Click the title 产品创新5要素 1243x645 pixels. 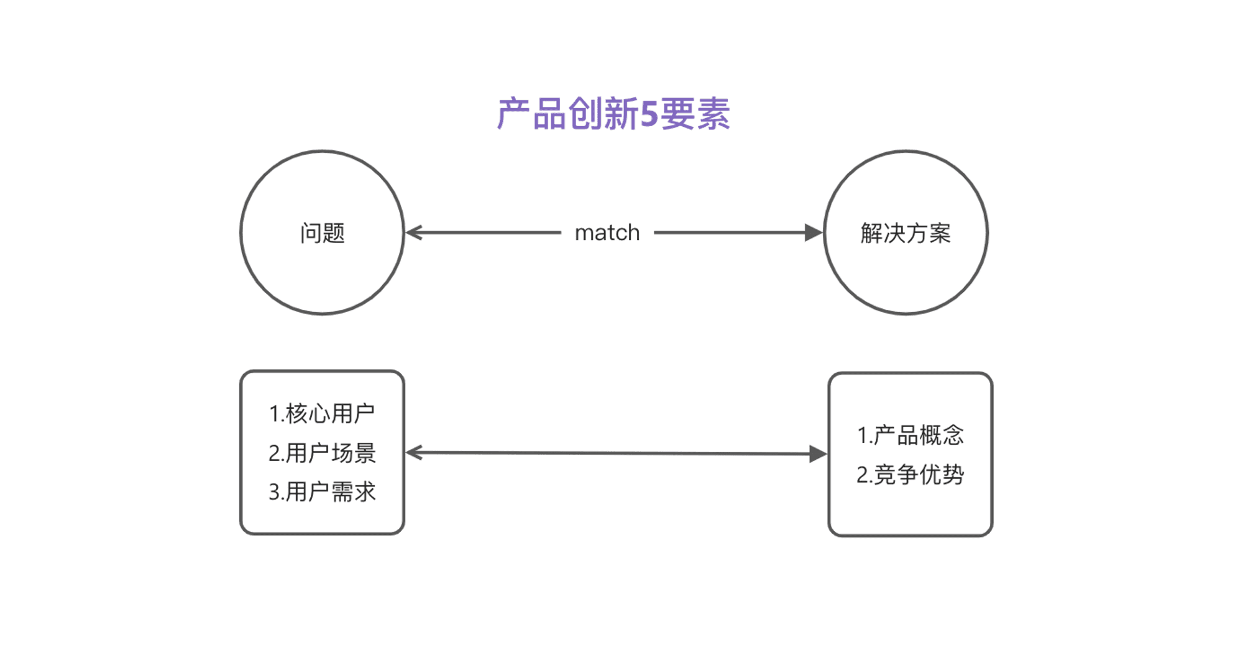point(613,114)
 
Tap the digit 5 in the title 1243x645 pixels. point(648,114)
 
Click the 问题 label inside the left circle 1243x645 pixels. point(322,233)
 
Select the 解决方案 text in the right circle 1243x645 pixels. point(906,233)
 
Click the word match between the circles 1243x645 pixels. point(607,233)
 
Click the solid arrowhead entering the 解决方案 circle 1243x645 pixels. point(813,233)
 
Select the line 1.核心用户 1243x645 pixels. point(322,414)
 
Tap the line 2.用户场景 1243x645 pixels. point(322,453)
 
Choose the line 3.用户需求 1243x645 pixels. point(322,492)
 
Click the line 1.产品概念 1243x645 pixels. point(910,435)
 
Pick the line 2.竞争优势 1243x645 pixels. point(910,475)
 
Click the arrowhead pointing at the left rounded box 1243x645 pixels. point(414,452)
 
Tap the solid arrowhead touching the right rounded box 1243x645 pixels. point(818,454)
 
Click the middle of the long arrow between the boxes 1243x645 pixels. point(615,454)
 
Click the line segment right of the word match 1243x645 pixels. point(727,233)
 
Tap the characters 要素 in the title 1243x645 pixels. point(695,114)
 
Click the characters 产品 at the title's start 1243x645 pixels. point(531,114)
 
